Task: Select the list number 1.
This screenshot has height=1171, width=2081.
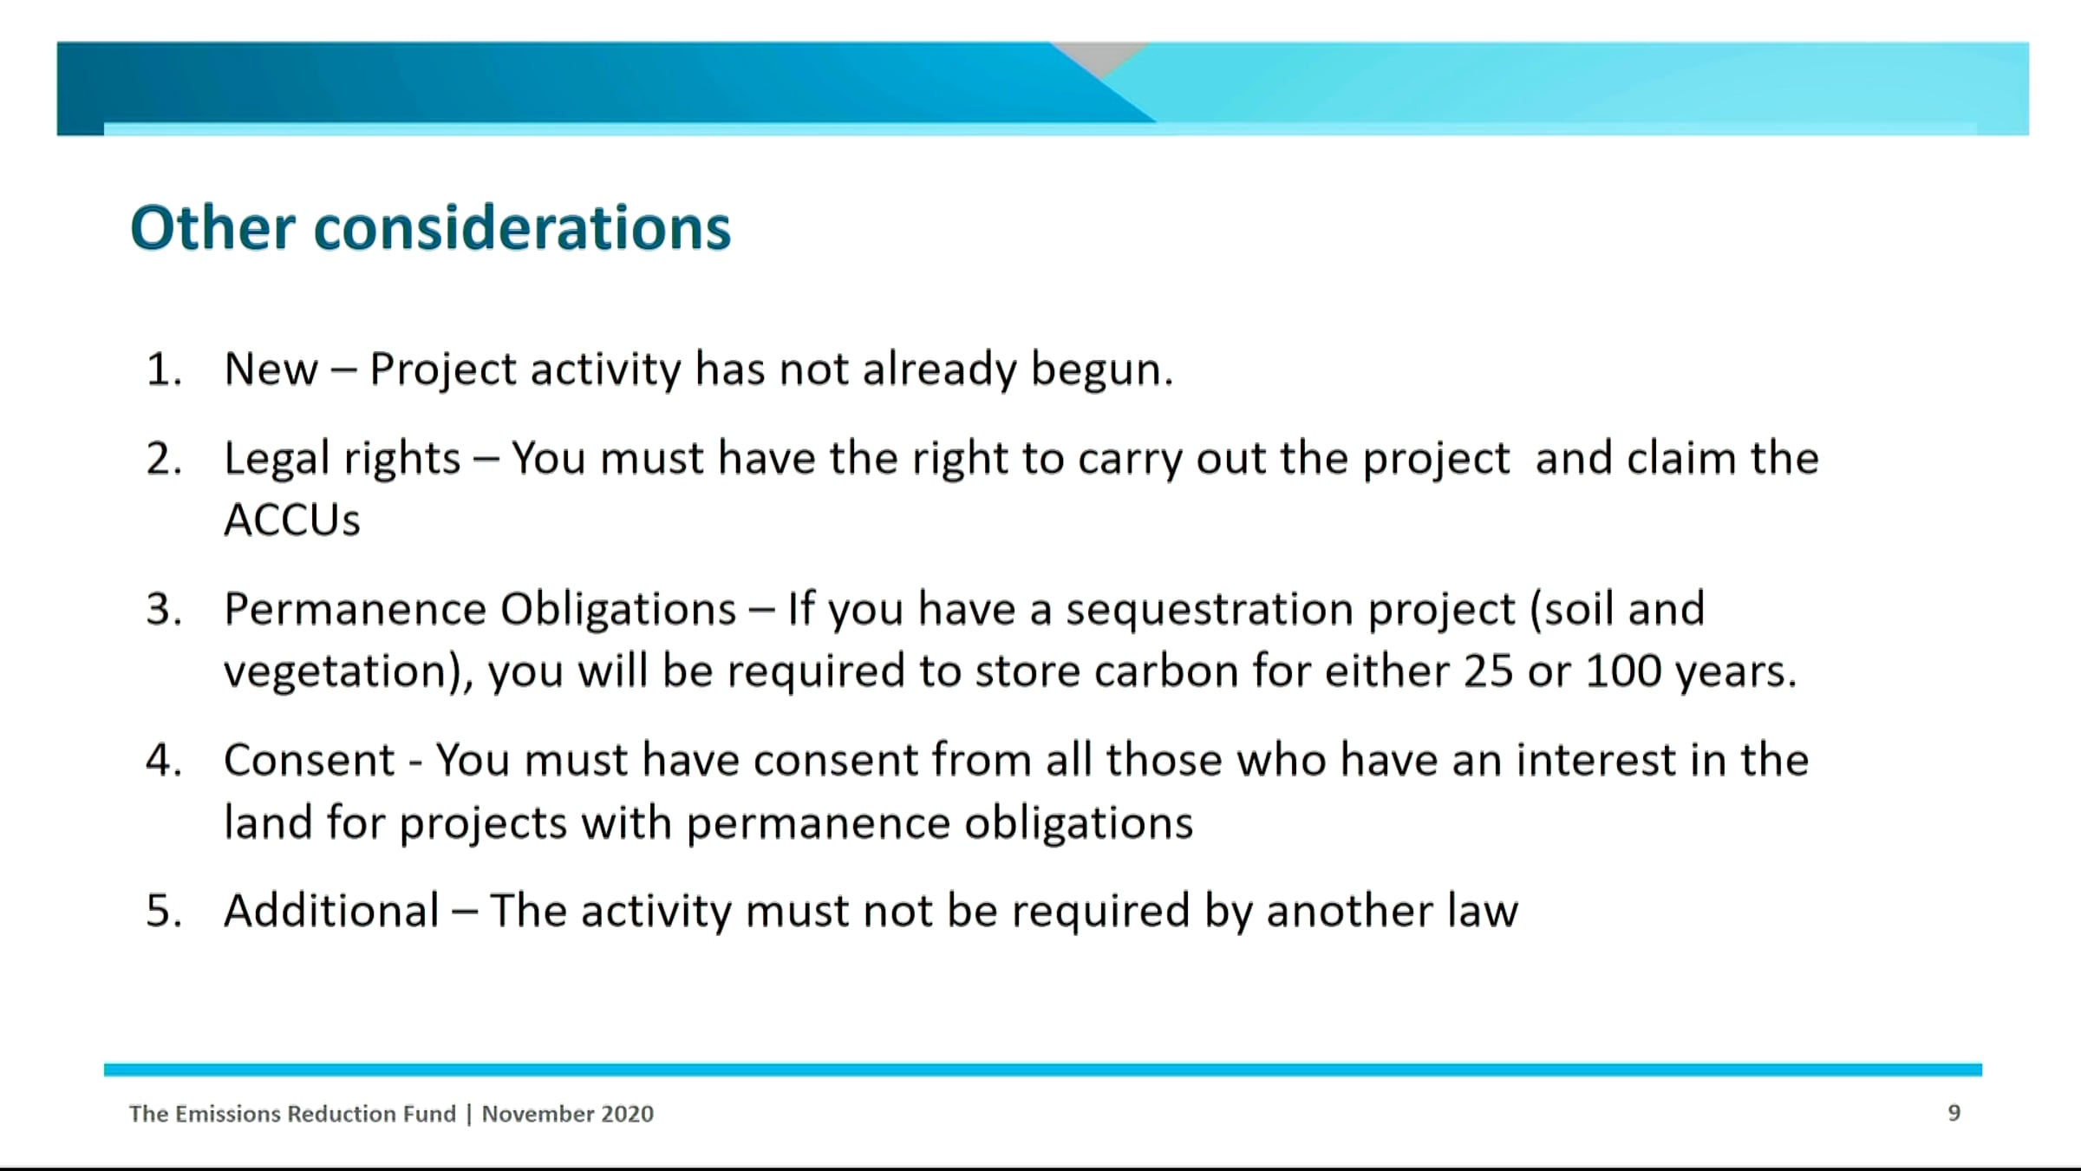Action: pos(164,370)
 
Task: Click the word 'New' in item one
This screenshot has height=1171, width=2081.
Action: pos(271,370)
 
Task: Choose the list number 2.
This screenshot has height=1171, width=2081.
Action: pos(164,459)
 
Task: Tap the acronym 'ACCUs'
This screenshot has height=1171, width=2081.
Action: pos(292,520)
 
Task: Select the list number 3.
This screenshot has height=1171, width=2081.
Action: pos(164,610)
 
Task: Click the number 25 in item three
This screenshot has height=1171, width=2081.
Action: pos(1488,671)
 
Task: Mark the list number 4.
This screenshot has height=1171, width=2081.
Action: pos(164,761)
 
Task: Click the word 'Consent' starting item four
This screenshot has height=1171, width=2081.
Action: pos(310,761)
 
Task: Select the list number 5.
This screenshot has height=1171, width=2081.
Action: pos(164,912)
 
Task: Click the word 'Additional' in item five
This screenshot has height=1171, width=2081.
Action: pos(332,911)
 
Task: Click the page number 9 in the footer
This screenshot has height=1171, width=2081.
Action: pos(1954,1113)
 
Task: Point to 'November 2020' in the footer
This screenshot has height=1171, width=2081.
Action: pos(568,1114)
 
